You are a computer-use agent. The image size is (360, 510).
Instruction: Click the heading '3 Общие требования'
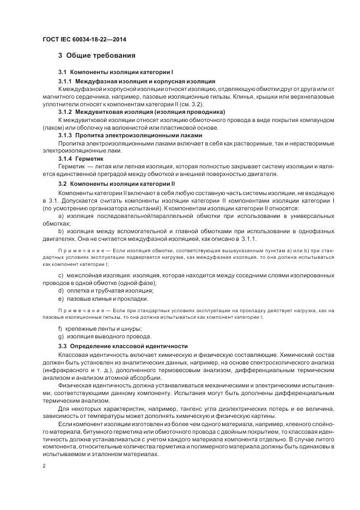click(97, 56)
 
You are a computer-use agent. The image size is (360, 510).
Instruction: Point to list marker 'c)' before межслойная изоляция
click(60, 276)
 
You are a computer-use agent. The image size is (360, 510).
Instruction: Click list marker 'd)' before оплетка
click(60, 291)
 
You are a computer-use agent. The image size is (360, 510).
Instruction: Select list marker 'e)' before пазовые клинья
click(60, 299)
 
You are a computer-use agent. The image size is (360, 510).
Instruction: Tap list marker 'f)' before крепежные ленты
click(60, 328)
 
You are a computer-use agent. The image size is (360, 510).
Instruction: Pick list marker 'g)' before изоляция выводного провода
click(60, 336)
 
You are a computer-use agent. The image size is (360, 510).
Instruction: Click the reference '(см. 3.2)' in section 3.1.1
click(192, 104)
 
